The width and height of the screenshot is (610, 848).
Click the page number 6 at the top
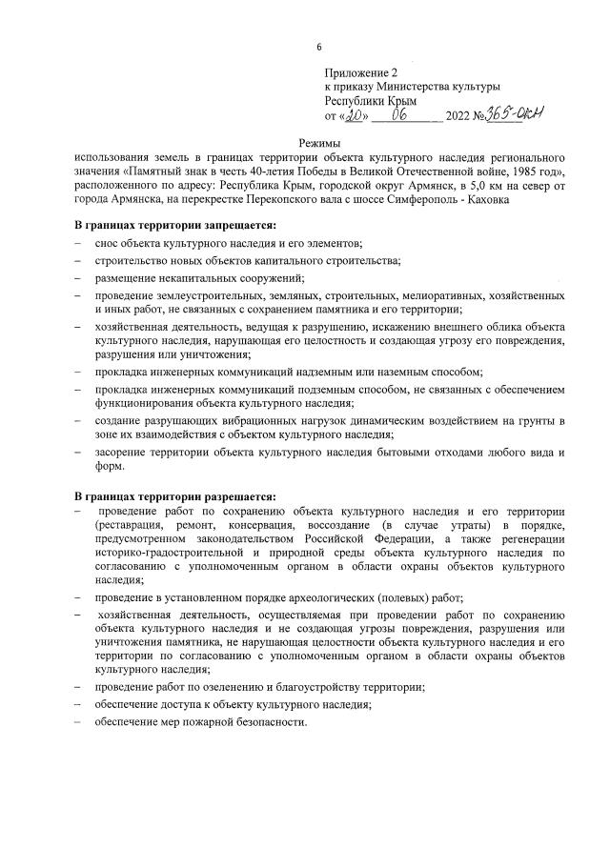click(319, 48)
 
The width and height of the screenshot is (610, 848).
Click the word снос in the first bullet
click(106, 244)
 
